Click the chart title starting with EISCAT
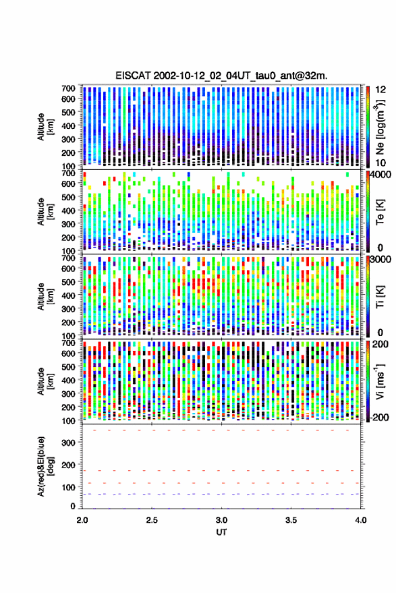pyautogui.click(x=221, y=76)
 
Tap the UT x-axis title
pyautogui.click(x=222, y=532)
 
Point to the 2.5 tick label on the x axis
pyautogui.click(x=152, y=520)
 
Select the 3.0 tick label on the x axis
pyautogui.click(x=222, y=520)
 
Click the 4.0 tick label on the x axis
pyautogui.click(x=361, y=520)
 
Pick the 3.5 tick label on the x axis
pyautogui.click(x=291, y=520)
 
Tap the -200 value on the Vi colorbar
pyautogui.click(x=380, y=418)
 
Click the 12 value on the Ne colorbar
pyautogui.click(x=381, y=90)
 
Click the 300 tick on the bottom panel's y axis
pyautogui.click(x=68, y=443)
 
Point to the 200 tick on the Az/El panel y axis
pyautogui.click(x=68, y=465)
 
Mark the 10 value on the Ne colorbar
pyautogui.click(x=381, y=163)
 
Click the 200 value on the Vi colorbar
pyautogui.click(x=380, y=344)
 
